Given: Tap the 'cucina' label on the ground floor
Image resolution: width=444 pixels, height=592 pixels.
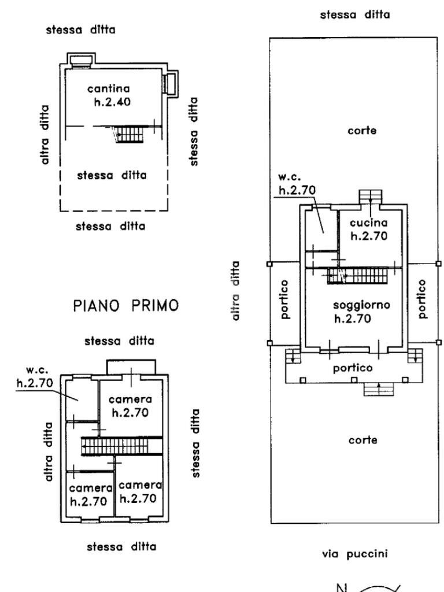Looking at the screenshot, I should (x=367, y=222).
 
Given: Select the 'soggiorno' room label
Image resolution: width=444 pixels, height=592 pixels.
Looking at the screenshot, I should (x=362, y=305).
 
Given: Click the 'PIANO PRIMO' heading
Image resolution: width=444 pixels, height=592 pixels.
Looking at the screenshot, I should (x=126, y=306).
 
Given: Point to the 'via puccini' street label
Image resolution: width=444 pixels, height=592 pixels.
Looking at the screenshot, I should (x=354, y=554).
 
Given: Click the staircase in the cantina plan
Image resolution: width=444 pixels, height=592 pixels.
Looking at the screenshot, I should (x=129, y=135).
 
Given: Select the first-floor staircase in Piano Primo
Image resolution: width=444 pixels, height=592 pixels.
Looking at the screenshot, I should (x=120, y=446).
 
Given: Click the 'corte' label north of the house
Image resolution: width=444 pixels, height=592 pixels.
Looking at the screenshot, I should (x=362, y=131).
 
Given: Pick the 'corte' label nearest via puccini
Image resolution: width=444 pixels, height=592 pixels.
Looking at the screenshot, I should (x=362, y=440).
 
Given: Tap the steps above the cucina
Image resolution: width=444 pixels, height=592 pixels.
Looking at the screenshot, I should (x=371, y=196).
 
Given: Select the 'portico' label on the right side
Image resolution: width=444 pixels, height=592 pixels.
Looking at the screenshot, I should (x=422, y=299).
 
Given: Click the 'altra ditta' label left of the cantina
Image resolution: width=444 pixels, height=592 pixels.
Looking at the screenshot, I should (x=45, y=135).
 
